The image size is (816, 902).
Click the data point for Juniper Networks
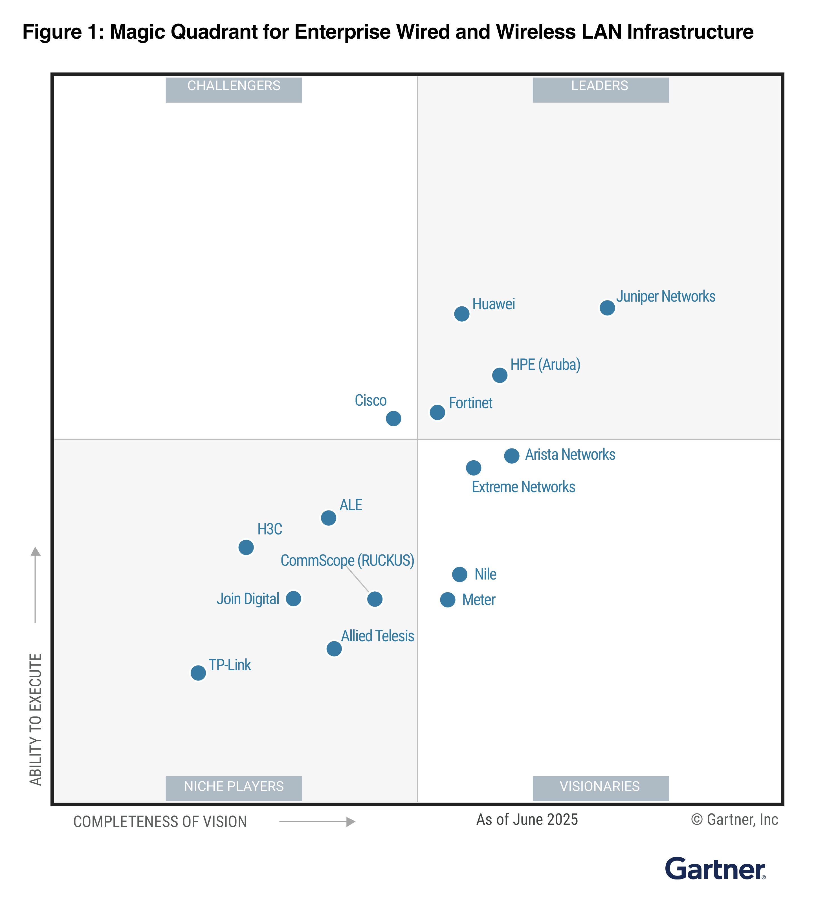click(x=607, y=308)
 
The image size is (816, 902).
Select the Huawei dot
click(x=461, y=314)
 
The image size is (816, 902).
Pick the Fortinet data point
click(x=437, y=412)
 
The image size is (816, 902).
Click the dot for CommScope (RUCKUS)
click(x=375, y=599)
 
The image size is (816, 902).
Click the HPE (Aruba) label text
click(x=545, y=365)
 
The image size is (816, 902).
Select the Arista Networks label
click(x=570, y=455)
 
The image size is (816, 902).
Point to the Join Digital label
click(x=248, y=599)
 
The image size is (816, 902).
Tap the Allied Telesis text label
click(x=377, y=636)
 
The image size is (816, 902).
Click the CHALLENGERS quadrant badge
click(x=234, y=89)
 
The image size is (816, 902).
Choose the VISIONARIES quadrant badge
click(x=600, y=788)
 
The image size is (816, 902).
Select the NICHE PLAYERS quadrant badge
click(x=234, y=788)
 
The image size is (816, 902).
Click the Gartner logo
click(x=715, y=869)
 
